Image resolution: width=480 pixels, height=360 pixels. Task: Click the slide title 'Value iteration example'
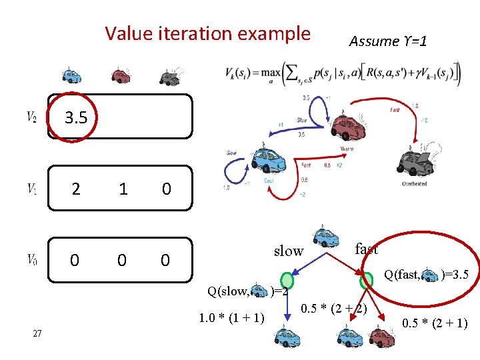(x=207, y=33)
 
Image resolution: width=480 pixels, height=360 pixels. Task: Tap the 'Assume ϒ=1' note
(x=387, y=41)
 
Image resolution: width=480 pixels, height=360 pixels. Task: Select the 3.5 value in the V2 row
(x=75, y=118)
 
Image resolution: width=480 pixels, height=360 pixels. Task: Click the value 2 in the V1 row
(x=76, y=189)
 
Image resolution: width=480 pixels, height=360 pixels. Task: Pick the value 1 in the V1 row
(x=123, y=189)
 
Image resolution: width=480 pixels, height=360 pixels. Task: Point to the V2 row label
(x=31, y=118)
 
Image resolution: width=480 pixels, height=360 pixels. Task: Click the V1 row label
(x=31, y=189)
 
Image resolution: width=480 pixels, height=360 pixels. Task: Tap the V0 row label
(x=31, y=259)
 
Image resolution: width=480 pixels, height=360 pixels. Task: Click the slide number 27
(x=37, y=333)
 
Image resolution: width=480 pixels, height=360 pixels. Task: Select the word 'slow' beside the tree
(x=289, y=251)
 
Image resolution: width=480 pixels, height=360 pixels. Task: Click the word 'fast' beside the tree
(x=367, y=249)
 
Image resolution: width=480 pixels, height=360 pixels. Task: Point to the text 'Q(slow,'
(x=228, y=291)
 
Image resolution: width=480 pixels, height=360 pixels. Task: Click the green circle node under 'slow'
(x=287, y=281)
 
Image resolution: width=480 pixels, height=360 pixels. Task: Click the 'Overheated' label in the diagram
(x=414, y=183)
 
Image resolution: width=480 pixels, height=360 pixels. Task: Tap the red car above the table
(x=121, y=75)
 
